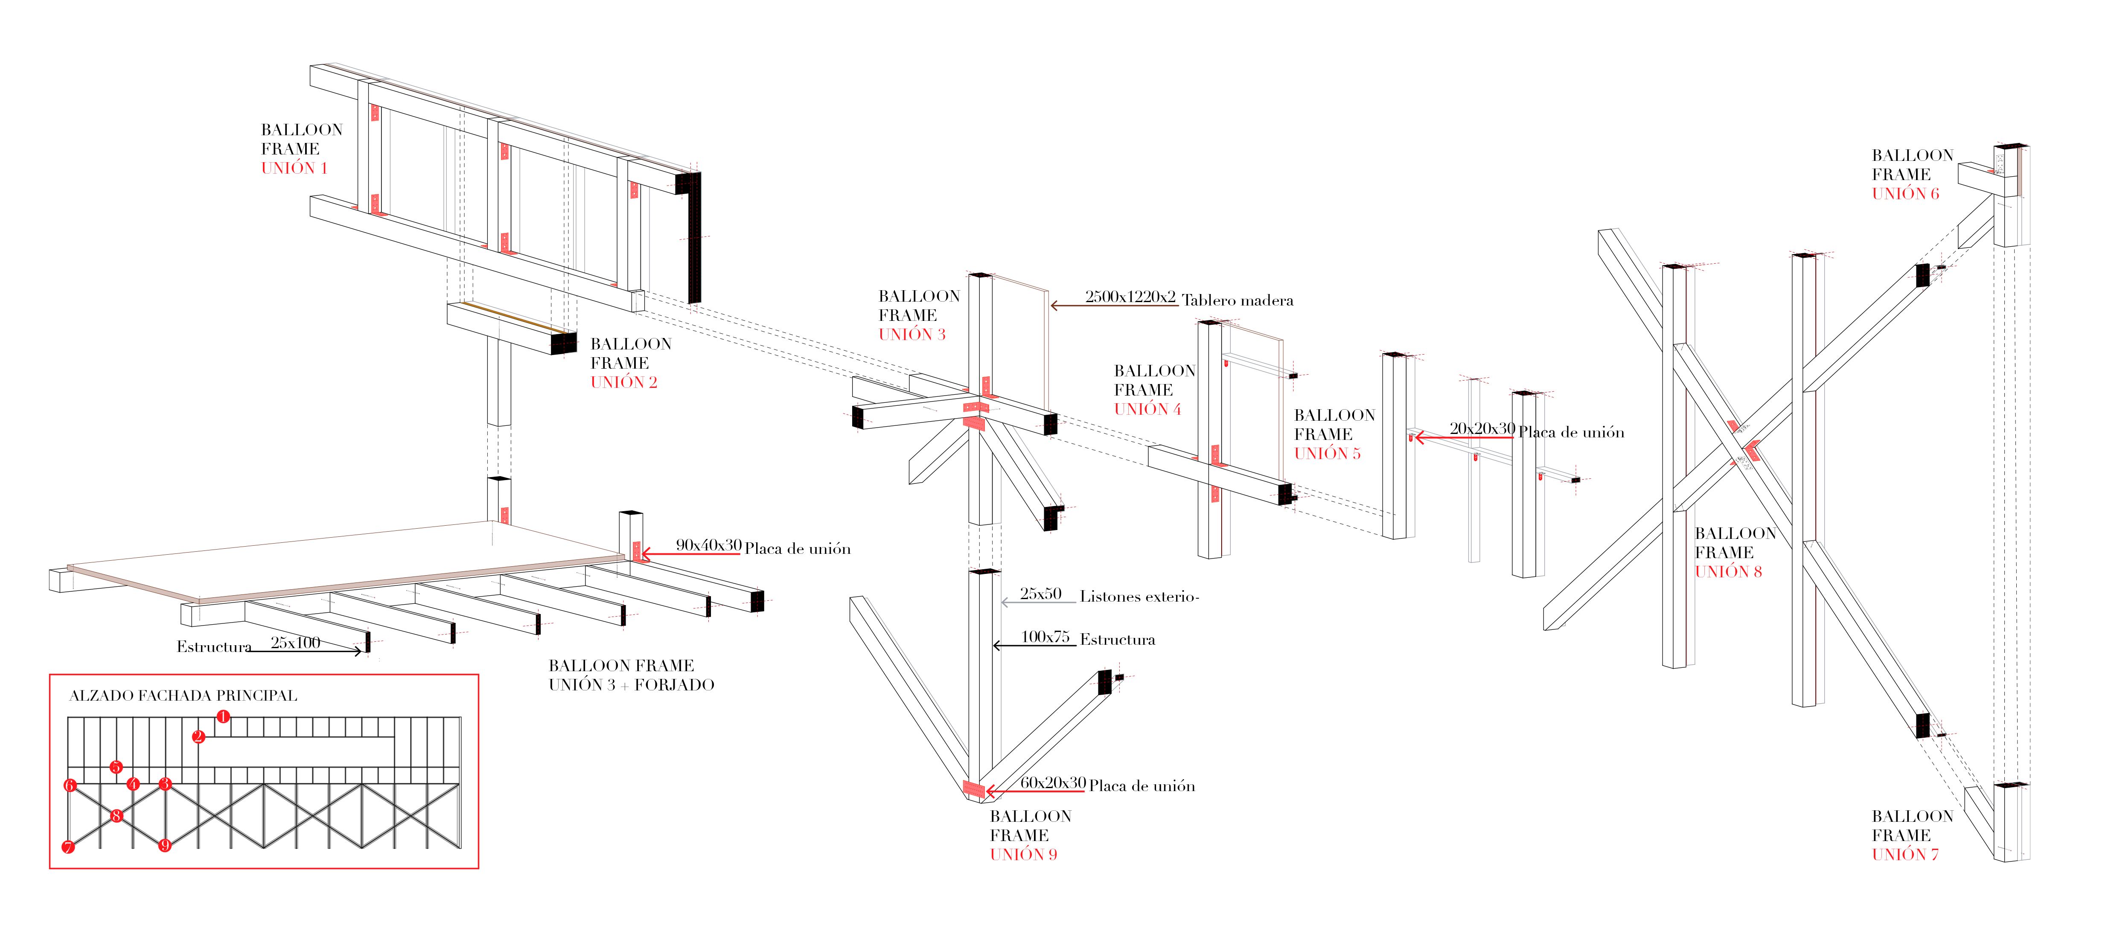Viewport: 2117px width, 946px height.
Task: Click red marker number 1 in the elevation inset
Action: tap(223, 717)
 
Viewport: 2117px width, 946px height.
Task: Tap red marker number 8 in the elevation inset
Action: tap(116, 815)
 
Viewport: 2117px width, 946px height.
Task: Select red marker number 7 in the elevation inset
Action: tap(68, 847)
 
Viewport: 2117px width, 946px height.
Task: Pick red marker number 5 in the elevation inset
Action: tap(116, 767)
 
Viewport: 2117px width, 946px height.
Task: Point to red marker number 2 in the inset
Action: tap(198, 736)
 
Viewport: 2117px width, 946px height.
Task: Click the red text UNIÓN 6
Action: tap(1905, 194)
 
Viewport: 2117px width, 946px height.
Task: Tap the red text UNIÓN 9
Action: tap(1023, 855)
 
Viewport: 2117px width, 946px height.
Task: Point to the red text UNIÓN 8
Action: tap(1728, 572)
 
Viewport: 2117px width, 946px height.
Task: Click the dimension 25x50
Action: tap(1040, 594)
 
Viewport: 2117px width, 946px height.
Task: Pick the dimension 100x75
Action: tap(1045, 637)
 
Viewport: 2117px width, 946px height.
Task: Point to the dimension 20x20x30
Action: tap(1482, 428)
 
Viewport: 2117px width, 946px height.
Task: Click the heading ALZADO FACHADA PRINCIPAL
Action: tap(183, 696)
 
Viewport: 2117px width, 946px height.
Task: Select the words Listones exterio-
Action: tap(1139, 597)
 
